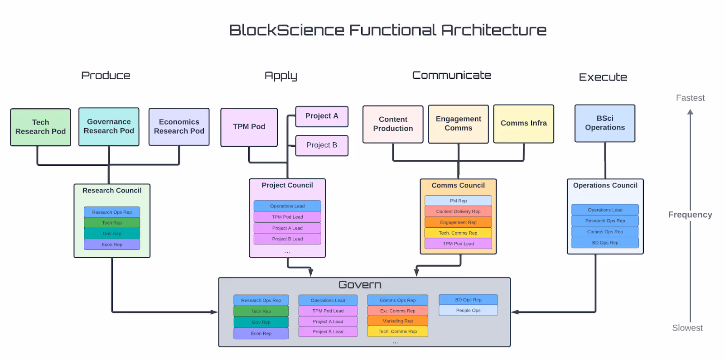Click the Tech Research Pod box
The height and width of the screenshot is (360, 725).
point(40,127)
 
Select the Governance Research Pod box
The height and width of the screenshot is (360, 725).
point(109,127)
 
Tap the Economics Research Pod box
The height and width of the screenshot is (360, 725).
point(179,127)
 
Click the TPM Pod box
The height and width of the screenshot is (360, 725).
point(249,127)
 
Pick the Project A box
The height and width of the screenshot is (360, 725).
point(322,116)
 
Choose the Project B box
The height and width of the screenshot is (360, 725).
point(322,145)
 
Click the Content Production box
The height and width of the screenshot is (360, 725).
point(393,124)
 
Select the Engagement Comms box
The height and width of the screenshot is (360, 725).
point(458,124)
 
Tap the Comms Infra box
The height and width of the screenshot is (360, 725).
point(523,124)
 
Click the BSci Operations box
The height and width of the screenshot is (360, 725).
point(604,123)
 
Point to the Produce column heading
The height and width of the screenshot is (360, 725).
point(106,76)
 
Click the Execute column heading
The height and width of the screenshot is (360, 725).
point(603,77)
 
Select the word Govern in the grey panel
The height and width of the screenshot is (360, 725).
point(360,285)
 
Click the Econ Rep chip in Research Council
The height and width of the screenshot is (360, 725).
point(112,245)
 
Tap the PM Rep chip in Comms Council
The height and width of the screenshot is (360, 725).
point(458,201)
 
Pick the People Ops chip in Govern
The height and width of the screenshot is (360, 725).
point(468,311)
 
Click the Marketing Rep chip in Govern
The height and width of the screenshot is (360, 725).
point(397,321)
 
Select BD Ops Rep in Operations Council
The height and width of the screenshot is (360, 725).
point(605,243)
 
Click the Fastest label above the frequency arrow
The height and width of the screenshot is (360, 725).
point(690,98)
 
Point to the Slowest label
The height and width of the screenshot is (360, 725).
point(687,328)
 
